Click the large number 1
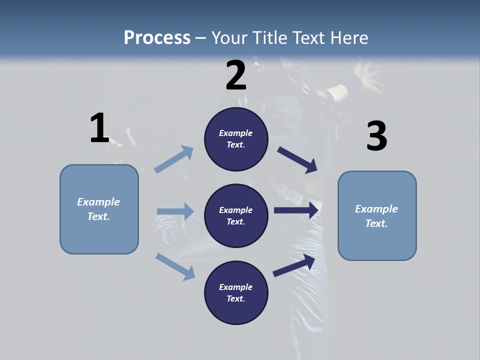99,128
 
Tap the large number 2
236,75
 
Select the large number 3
376,136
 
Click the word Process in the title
157,37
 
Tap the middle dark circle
236,215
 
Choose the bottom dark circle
236,292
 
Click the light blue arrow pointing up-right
174,159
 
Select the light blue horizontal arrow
175,211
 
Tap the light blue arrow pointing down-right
175,266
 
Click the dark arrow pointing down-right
298,160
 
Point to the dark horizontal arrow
296,210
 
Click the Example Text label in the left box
98,209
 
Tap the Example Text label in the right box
376,216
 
